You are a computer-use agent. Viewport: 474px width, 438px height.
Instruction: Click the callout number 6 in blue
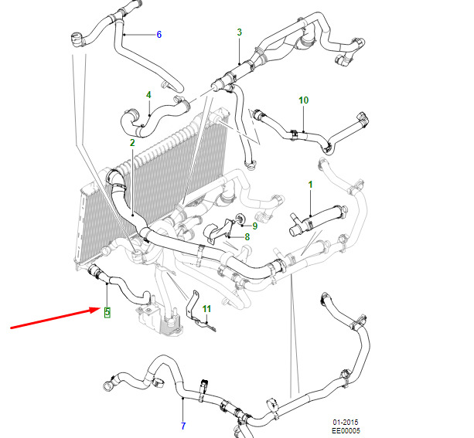(159, 35)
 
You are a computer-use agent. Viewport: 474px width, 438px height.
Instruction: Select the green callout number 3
(240, 32)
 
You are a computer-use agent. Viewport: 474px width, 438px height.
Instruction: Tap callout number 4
(148, 95)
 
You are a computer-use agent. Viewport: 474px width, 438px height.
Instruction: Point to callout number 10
(304, 100)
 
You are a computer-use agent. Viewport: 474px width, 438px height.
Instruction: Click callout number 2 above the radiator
(132, 143)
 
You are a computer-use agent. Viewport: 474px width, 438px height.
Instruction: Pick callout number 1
(310, 185)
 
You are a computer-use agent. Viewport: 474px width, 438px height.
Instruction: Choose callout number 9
(255, 226)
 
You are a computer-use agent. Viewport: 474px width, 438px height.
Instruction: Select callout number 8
(247, 237)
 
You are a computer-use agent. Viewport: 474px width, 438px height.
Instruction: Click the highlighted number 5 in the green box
(107, 312)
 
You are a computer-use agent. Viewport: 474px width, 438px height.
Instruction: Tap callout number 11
(206, 309)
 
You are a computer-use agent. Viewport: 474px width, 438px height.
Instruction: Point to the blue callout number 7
(183, 426)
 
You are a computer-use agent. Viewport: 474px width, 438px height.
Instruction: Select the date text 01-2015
(346, 423)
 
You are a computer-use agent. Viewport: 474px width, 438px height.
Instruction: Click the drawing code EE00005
(346, 431)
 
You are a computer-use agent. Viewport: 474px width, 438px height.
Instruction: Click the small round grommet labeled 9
(240, 219)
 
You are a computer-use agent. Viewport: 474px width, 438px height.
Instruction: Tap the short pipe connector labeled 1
(317, 220)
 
